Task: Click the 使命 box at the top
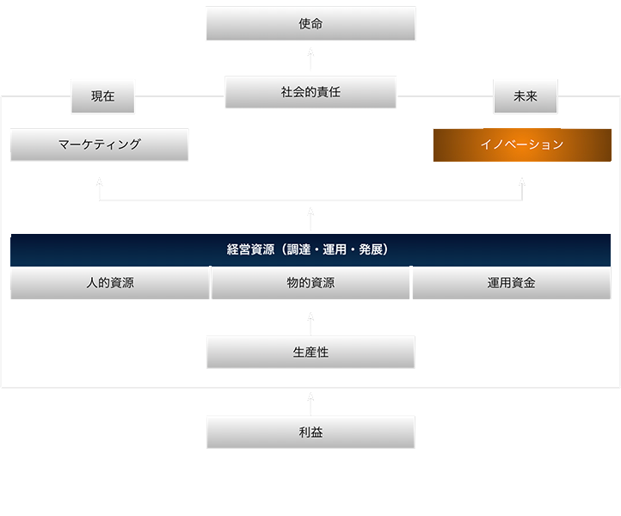[310, 24]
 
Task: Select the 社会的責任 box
[310, 92]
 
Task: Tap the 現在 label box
[103, 96]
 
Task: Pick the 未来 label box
[526, 96]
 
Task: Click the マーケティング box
[99, 144]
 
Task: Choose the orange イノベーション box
[522, 144]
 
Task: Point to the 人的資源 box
[110, 282]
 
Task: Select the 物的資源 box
[310, 282]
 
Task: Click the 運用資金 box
[512, 282]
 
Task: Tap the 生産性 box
[310, 352]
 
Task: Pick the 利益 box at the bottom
[310, 433]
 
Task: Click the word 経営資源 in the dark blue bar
[249, 249]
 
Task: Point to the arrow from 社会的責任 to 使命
[310, 58]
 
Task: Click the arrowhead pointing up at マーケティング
[99, 182]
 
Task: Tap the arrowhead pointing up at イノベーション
[522, 182]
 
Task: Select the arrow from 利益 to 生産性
[310, 401]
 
